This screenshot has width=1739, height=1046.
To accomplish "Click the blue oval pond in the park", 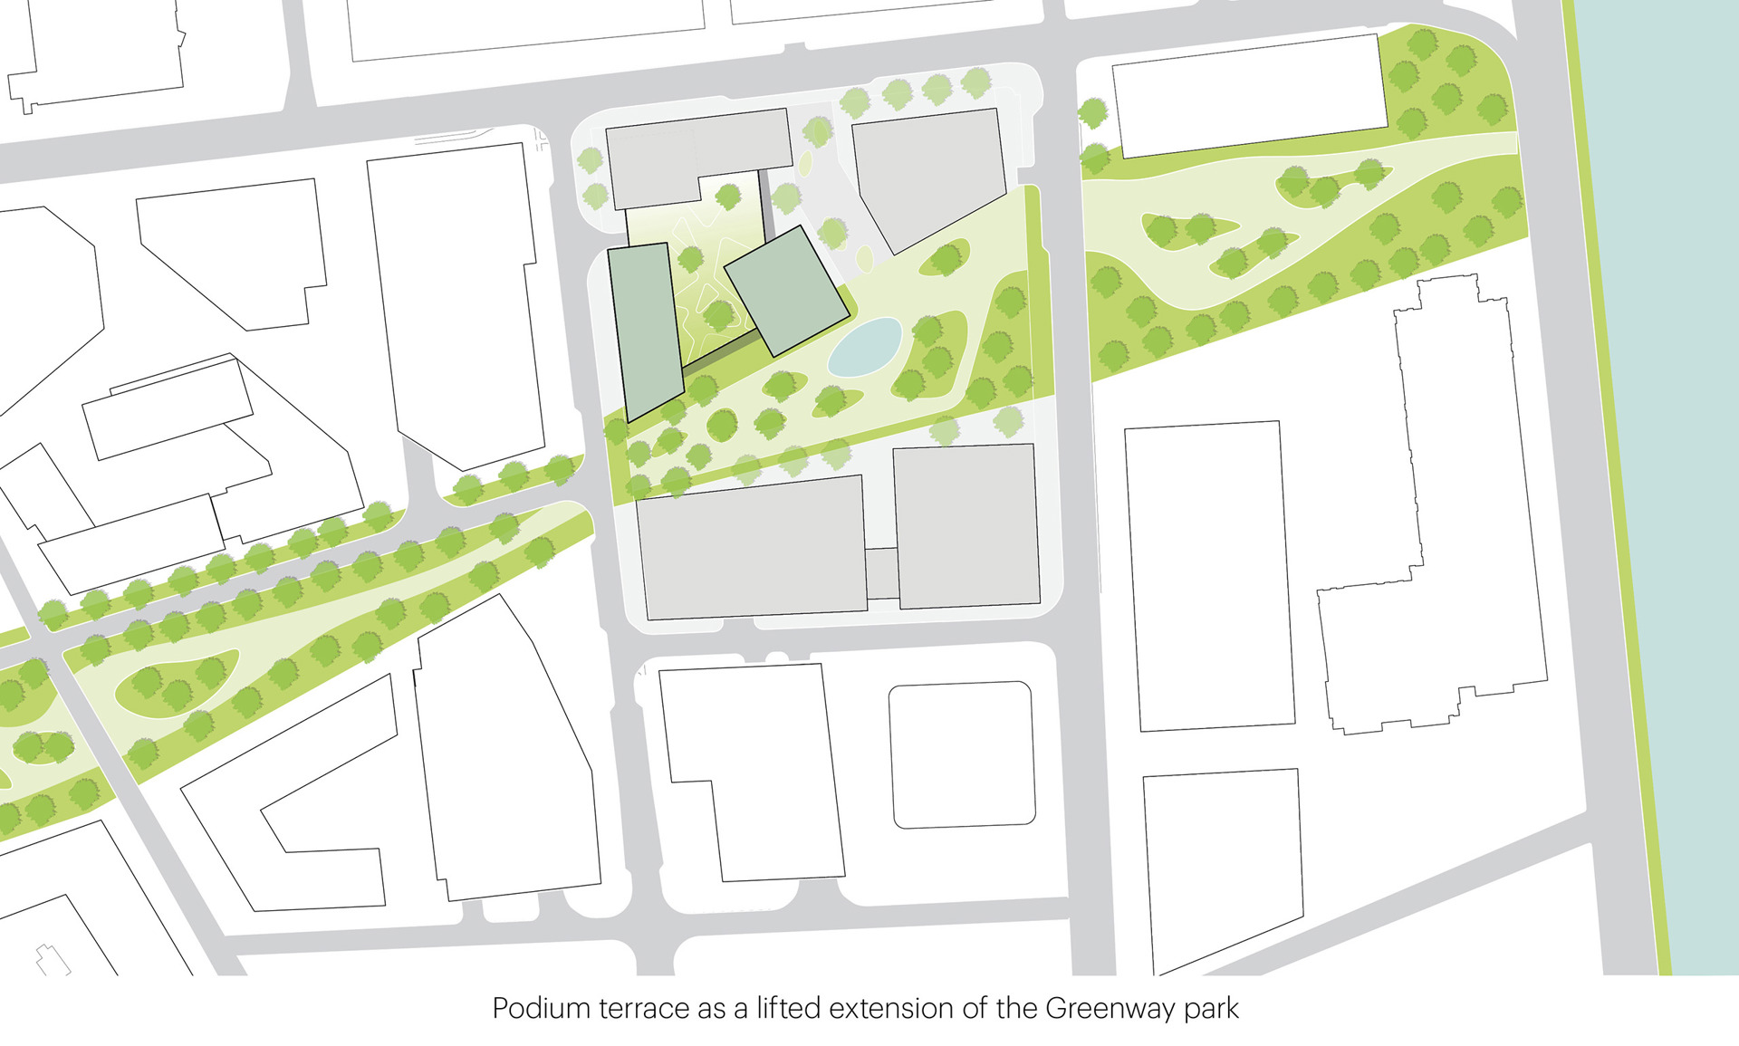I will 865,346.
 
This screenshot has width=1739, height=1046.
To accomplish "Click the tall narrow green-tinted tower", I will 644,330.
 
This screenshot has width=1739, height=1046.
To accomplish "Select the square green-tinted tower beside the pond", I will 787,290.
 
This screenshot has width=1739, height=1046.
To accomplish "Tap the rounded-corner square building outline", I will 962,754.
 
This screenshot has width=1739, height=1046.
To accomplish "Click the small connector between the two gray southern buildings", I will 881,573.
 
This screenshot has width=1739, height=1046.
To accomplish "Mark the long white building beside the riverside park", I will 1250,95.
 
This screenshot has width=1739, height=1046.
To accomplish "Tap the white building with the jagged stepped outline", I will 1449,507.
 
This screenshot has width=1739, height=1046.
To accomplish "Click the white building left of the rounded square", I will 752,770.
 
